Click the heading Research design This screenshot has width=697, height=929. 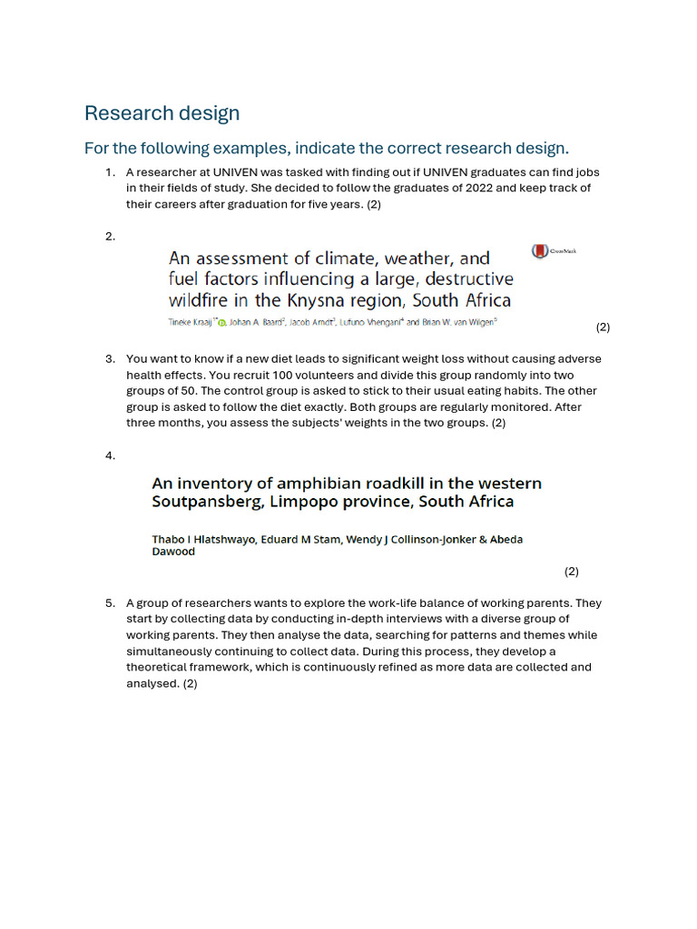(162, 113)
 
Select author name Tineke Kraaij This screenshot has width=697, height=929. (191, 322)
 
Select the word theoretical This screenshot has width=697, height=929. (159, 667)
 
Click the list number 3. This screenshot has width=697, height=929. (110, 358)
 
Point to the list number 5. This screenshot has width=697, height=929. (110, 602)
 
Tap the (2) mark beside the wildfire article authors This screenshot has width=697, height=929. (603, 327)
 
